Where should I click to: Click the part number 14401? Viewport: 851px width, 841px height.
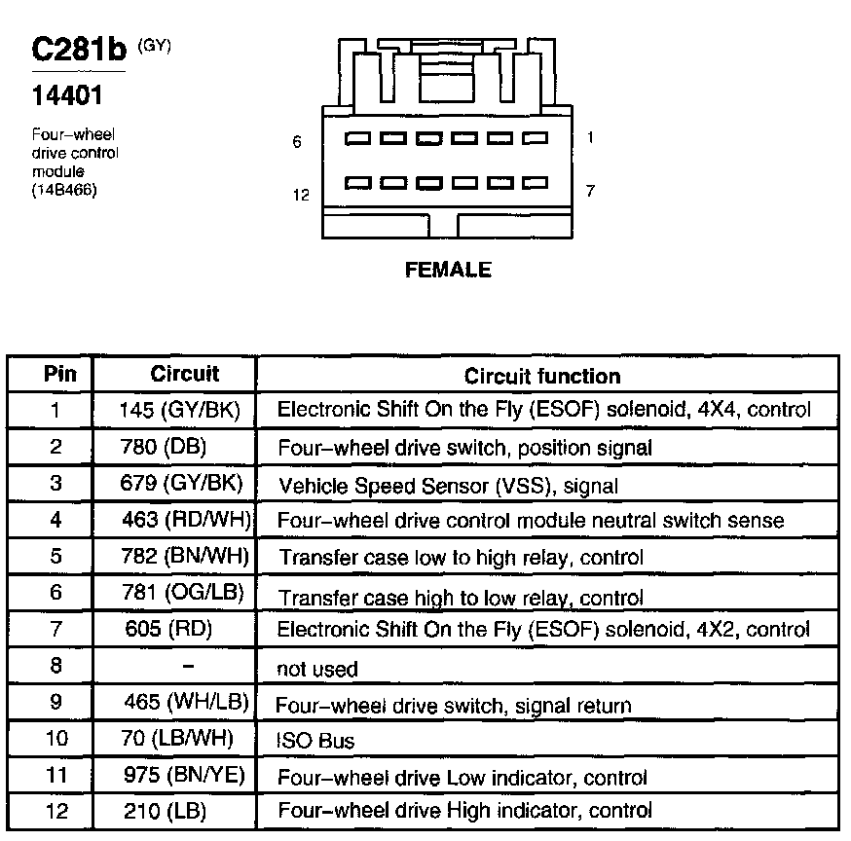[64, 96]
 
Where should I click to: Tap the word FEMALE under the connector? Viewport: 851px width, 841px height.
[448, 270]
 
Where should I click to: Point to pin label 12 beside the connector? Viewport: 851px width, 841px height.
[301, 195]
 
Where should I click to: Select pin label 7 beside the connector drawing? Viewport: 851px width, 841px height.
[591, 191]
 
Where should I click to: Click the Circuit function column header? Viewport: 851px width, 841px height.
[541, 376]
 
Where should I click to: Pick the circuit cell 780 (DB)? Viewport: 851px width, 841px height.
[175, 447]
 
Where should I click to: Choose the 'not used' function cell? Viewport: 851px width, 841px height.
[318, 669]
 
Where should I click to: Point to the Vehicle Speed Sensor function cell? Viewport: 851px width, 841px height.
[449, 484]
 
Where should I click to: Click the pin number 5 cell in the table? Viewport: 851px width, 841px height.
[55, 556]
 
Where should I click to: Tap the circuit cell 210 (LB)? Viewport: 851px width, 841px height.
[166, 810]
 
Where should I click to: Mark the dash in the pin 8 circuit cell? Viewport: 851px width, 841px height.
[189, 667]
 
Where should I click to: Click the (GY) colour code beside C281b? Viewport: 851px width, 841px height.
[154, 45]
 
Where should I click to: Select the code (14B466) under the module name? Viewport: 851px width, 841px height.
[64, 189]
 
